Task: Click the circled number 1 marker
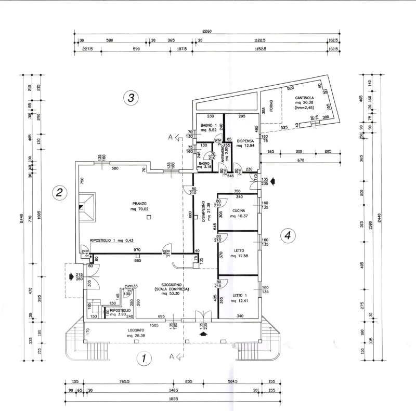tap(143, 358)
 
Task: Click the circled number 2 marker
tap(60, 193)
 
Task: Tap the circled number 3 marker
tap(132, 97)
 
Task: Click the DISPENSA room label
tap(245, 141)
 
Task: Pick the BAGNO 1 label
tap(208, 125)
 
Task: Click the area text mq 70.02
tap(140, 209)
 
